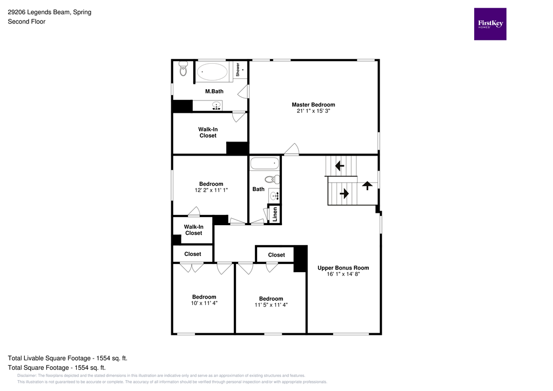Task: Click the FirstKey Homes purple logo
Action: pyautogui.click(x=490, y=24)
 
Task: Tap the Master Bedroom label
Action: pyautogui.click(x=313, y=105)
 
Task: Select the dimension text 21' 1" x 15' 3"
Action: pyautogui.click(x=313, y=111)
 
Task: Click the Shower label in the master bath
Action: pyautogui.click(x=238, y=70)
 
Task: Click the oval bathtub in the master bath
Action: pyautogui.click(x=212, y=72)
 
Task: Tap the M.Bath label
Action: pyautogui.click(x=214, y=91)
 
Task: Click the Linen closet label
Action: pyautogui.click(x=274, y=214)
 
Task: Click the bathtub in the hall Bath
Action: pyautogui.click(x=264, y=163)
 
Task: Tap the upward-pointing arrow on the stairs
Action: pyautogui.click(x=367, y=185)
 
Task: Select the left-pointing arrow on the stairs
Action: pyautogui.click(x=340, y=165)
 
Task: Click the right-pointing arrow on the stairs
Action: pyautogui.click(x=343, y=192)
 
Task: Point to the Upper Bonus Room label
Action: pyautogui.click(x=343, y=268)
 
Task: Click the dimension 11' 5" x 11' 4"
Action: pyautogui.click(x=271, y=305)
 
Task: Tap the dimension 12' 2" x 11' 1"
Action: pyautogui.click(x=211, y=190)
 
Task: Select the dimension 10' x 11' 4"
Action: pyautogui.click(x=204, y=303)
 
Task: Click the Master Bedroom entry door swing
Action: pyautogui.click(x=292, y=150)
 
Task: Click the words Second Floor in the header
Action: pyautogui.click(x=26, y=22)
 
